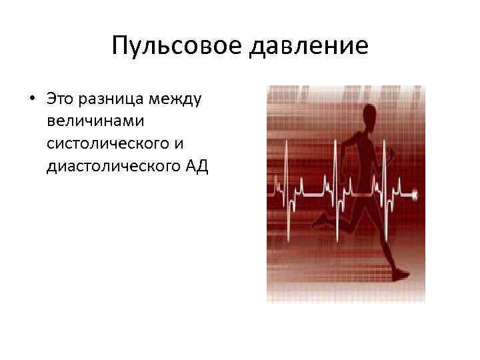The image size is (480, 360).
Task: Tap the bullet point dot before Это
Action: pyautogui.click(x=32, y=99)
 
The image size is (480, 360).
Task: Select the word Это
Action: pyautogui.click(x=61, y=99)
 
